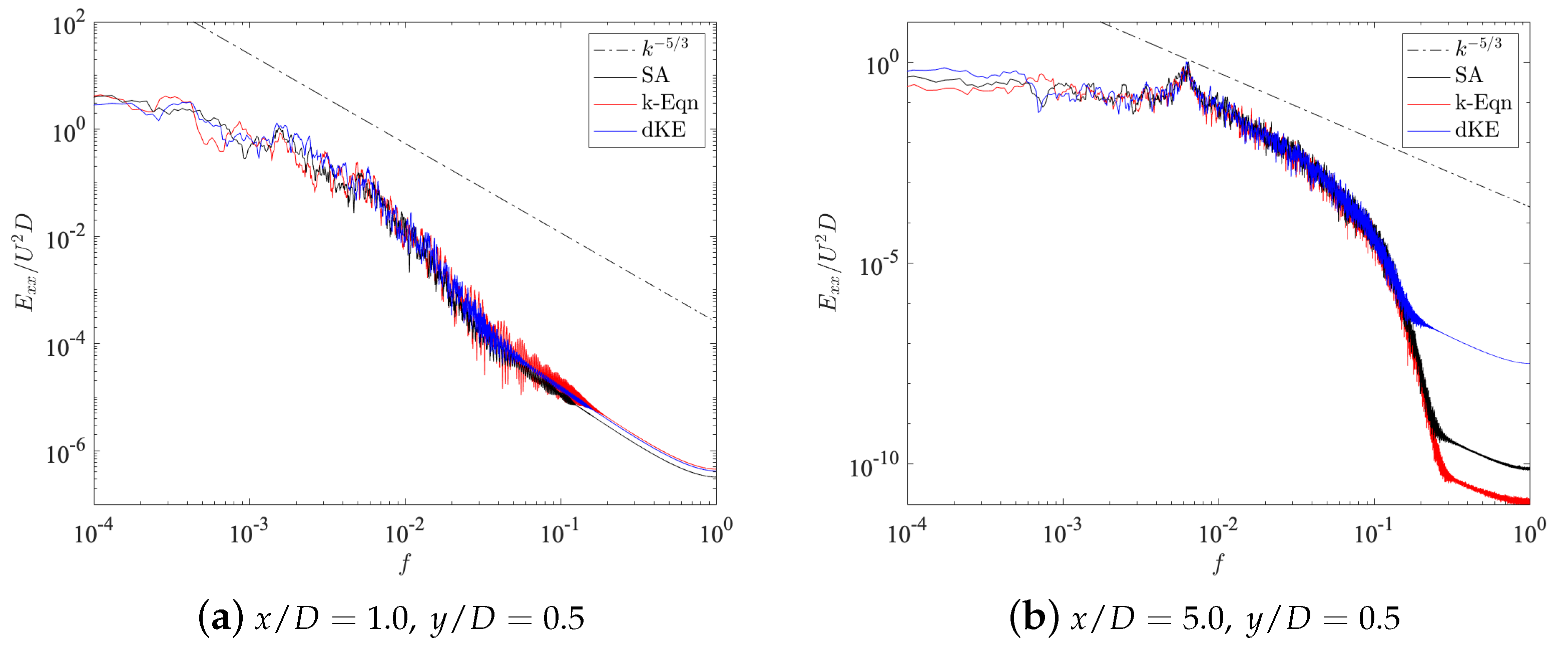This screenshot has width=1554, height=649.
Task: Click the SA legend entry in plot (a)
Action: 655,76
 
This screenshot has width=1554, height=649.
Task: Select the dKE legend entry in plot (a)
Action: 663,130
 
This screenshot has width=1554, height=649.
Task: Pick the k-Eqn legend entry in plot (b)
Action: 1483,103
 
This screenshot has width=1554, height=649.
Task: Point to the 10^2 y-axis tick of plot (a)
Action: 68,26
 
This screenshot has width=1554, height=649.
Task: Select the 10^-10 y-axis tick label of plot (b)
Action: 873,466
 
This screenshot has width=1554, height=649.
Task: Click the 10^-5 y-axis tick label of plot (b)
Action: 878,264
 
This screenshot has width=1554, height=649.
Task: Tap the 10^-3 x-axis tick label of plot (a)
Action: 249,532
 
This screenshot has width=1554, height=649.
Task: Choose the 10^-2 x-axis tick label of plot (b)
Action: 1217,532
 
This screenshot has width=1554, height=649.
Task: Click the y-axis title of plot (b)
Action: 828,262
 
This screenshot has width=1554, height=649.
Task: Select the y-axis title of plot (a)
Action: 24,262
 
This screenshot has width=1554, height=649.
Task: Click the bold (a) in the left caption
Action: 221,617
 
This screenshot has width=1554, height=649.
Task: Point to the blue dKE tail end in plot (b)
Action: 1527,363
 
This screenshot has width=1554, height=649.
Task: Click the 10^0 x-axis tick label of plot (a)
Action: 716,532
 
